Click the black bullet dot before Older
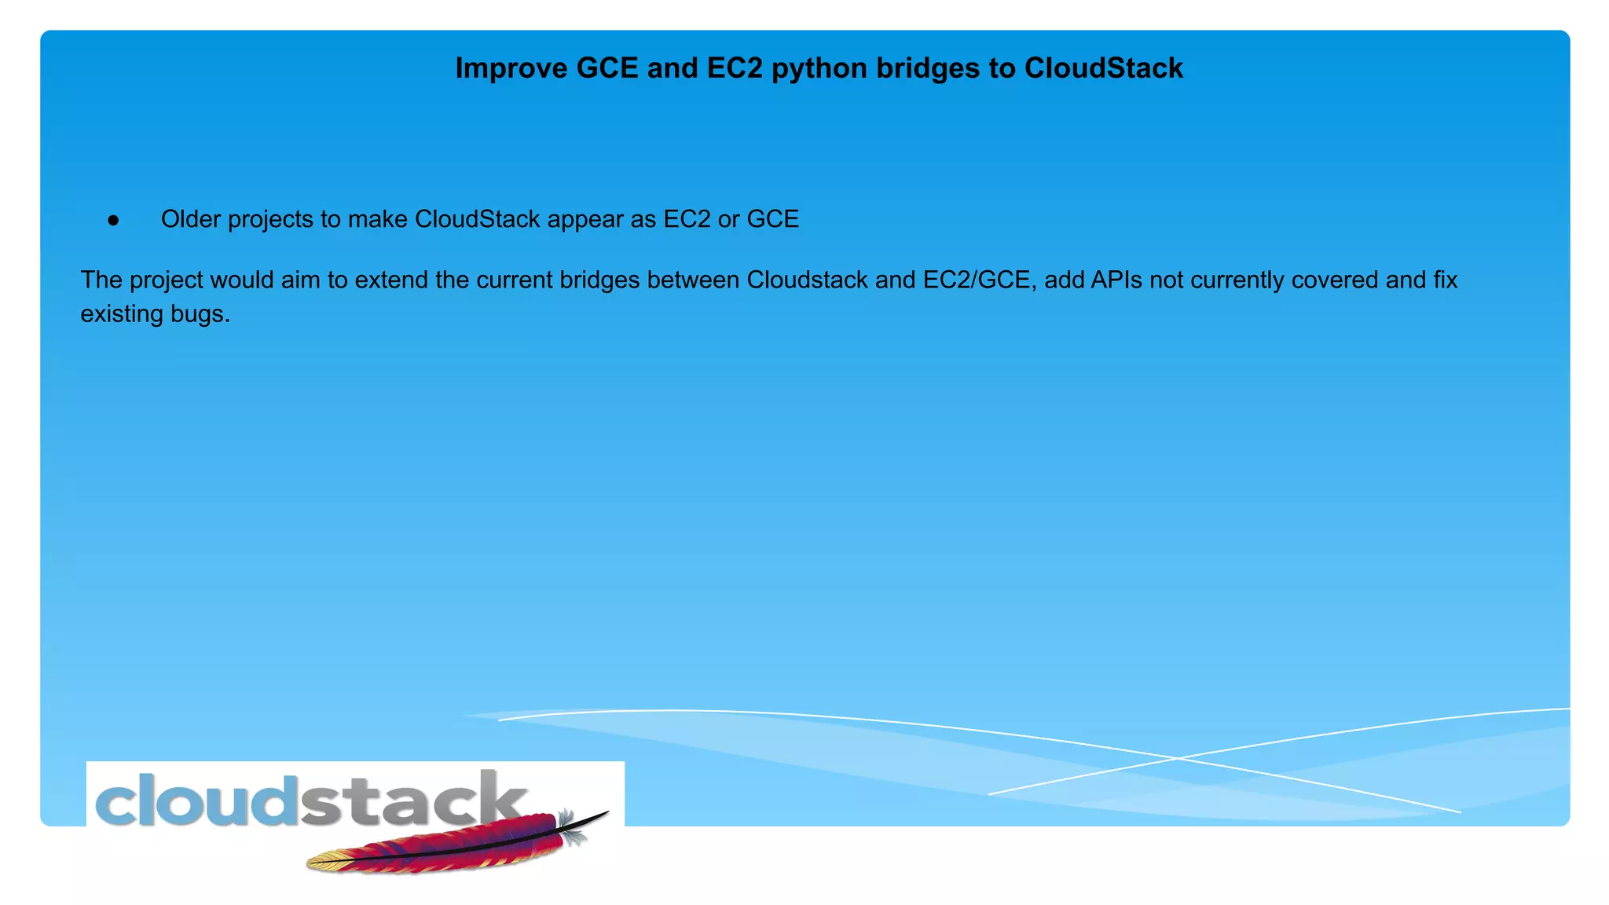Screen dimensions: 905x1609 [114, 221]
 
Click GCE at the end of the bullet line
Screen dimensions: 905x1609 [772, 219]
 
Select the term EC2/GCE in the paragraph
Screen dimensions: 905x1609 [977, 280]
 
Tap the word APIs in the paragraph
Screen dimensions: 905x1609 [1116, 280]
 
